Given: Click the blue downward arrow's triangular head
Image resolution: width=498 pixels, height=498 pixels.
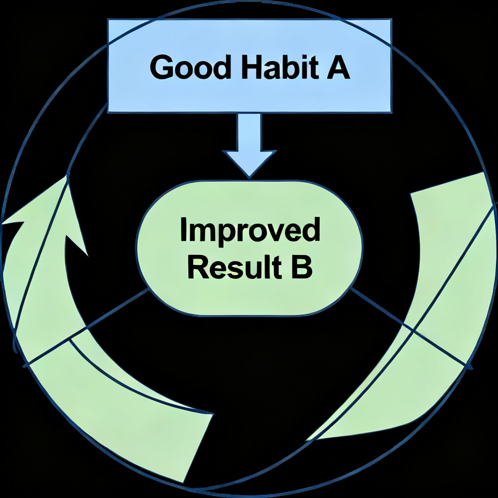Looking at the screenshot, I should point(249,163).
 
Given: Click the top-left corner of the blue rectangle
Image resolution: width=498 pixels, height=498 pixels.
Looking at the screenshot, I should point(108,20).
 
